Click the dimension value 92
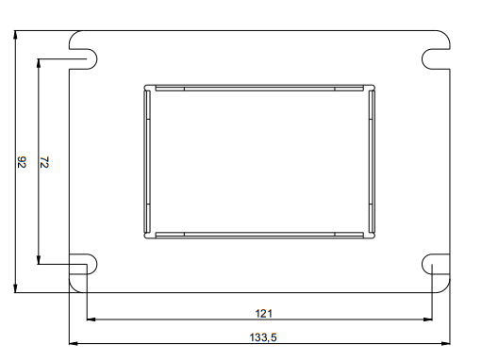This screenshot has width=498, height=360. tap(22, 162)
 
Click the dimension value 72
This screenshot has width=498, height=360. tap(44, 162)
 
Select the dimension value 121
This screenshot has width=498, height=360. tap(263, 314)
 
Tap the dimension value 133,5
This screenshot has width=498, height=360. tap(263, 337)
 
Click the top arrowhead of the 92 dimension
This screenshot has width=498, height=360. tap(15, 35)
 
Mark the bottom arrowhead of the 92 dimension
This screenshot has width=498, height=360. tap(15, 288)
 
